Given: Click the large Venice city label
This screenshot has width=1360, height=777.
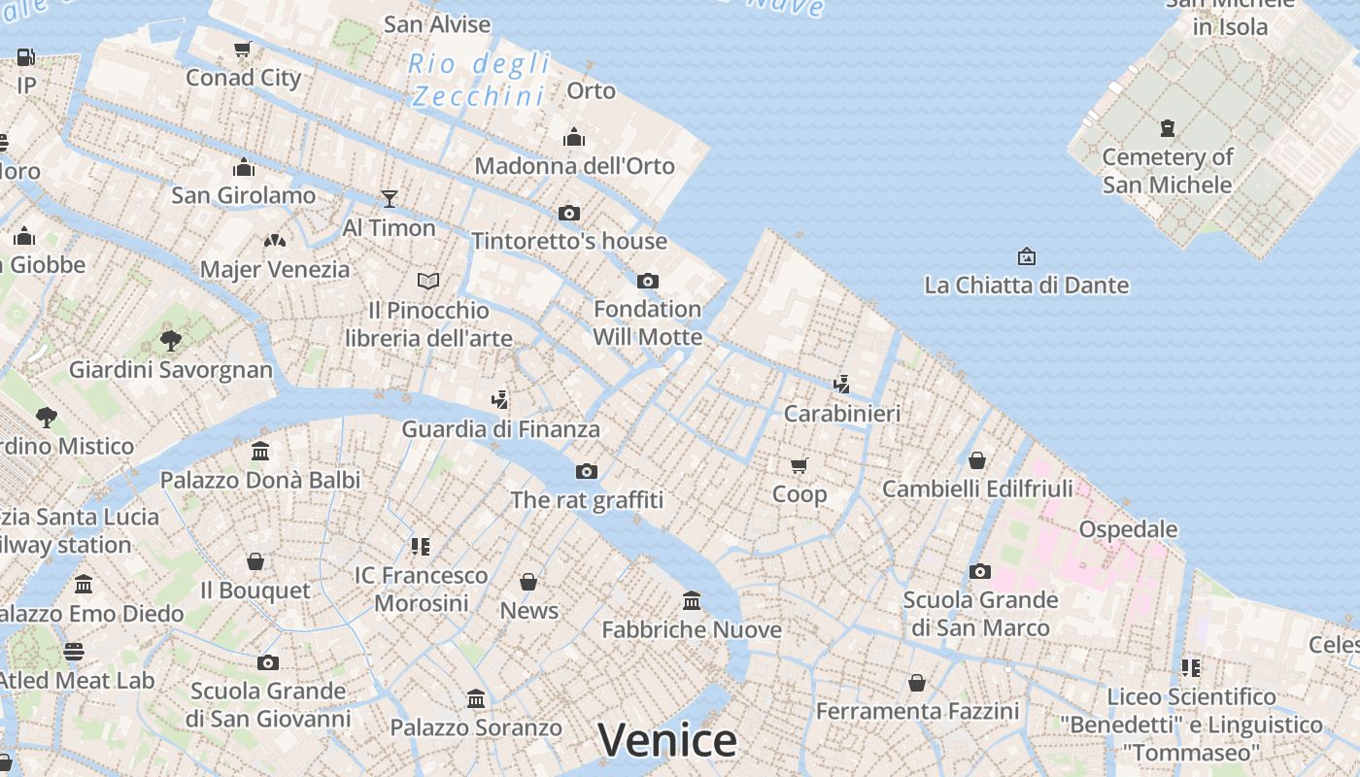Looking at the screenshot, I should pos(667,741).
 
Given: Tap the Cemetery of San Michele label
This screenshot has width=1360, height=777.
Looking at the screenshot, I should pos(1167,171).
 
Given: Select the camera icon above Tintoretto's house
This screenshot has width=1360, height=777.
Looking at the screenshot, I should pos(569,213).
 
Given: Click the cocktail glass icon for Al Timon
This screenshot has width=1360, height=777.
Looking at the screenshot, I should pos(389,199).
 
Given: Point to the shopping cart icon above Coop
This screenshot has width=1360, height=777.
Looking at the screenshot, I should pos(799,465).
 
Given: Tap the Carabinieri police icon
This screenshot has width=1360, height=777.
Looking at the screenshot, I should pos(841,384).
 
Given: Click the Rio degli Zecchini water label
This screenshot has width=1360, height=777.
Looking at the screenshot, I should pos(479,81).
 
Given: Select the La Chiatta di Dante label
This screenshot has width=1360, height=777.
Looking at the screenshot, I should pos(1026,286).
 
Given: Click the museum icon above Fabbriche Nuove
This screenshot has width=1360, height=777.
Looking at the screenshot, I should pos(692,600).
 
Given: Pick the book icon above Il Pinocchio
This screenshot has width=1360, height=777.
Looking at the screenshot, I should pos(428,281).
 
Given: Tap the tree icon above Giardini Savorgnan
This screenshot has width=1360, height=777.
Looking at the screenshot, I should pos(171,340).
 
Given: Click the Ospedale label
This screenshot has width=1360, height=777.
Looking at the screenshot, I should pos(1128,530).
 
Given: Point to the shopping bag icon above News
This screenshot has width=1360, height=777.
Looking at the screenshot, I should pos(528,582).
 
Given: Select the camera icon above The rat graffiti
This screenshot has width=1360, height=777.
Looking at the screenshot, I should pos(586,471).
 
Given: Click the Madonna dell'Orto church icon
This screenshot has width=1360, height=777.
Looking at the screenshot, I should pos(574,137).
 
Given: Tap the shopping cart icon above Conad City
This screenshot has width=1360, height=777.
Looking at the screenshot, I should pos(243,49).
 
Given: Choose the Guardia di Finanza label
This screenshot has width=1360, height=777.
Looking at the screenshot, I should pos(500,429).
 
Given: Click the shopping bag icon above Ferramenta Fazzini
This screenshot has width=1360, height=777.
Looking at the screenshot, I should pos(916,683).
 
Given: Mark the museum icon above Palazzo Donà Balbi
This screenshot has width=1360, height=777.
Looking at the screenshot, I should pos(260,451).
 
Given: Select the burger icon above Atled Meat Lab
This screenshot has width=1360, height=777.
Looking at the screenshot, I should pos(74,652).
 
